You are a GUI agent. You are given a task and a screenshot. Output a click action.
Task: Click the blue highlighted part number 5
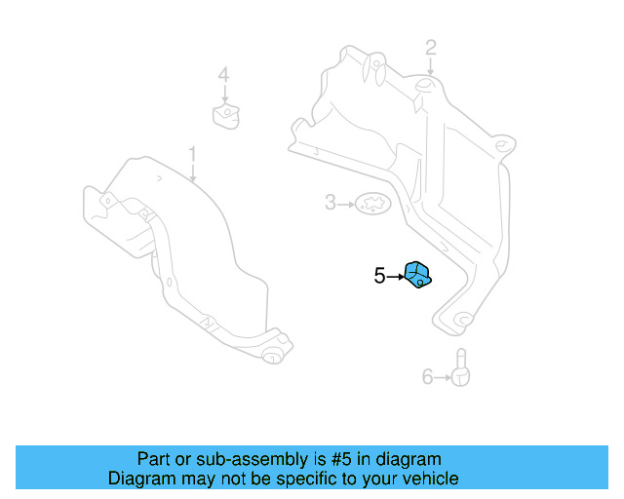coord(417,275)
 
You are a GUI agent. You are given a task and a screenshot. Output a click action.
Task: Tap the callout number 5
coord(379,276)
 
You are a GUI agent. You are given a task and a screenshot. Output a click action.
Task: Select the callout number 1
coord(193,154)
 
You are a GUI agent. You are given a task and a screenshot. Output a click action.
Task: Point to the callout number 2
coord(431,47)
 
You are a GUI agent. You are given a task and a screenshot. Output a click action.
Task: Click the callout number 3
coord(331,203)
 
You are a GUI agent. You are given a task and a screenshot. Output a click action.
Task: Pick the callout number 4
coord(223,74)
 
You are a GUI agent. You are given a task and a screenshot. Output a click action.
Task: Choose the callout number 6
coord(427,376)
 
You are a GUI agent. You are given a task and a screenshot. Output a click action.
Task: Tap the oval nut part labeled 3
coord(370,204)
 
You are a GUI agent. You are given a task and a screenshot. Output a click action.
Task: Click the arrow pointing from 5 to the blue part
coord(395,276)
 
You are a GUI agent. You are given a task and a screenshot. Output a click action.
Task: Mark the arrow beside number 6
coord(442,376)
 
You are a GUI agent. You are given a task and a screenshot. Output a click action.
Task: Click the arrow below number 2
coord(431,67)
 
